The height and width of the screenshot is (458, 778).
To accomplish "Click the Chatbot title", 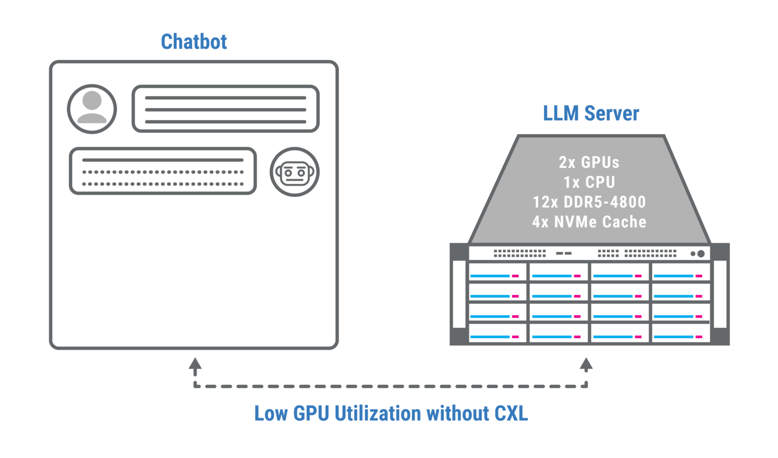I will (193, 42).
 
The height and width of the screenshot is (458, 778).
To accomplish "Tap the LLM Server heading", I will (591, 113).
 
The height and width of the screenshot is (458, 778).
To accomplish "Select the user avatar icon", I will (92, 108).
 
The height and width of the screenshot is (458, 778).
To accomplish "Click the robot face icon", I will (294, 172).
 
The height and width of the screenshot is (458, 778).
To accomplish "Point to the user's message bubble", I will (225, 109).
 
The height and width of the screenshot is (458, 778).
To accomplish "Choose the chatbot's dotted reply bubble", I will (163, 171).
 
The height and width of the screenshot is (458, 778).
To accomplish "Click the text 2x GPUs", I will (589, 162).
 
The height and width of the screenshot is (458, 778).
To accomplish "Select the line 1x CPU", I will (589, 182).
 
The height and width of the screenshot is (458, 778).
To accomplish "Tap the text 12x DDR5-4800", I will (589, 202).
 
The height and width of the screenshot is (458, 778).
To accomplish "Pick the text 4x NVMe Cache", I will (589, 221).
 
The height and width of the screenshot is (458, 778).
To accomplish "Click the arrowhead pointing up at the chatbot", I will (195, 363).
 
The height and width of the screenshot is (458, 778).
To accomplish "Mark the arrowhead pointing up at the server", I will (586, 363).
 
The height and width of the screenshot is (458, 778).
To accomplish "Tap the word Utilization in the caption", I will (378, 413).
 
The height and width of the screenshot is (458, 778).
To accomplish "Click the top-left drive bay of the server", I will (497, 272).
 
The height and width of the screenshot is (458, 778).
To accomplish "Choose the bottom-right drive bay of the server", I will (680, 333).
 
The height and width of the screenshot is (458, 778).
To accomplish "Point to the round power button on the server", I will (701, 253).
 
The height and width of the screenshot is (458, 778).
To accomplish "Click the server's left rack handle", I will (459, 294).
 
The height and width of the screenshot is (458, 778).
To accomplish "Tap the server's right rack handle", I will (720, 294).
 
